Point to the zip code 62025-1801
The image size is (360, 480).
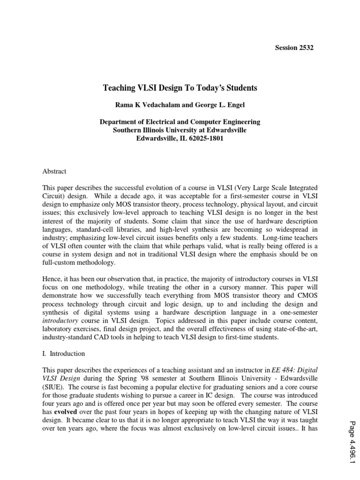click(x=197, y=139)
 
